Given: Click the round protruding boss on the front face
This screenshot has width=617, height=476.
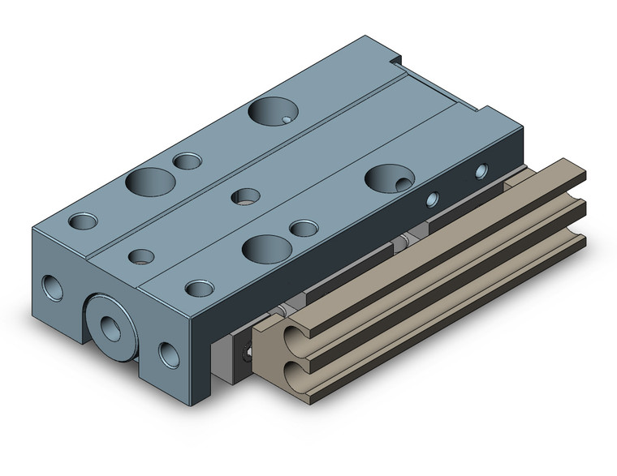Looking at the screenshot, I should tap(111, 324).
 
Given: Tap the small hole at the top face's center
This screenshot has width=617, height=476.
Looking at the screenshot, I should tap(245, 195).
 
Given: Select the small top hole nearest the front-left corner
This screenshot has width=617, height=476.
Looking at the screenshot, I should tap(83, 221).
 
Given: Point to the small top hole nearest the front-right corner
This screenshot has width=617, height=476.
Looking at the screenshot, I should tap(199, 288).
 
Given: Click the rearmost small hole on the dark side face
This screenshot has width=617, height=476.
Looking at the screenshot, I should tap(481, 170).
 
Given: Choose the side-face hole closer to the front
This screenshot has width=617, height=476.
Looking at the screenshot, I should tap(433, 197).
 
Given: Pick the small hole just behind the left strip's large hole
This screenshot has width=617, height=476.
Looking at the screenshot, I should tap(188, 161).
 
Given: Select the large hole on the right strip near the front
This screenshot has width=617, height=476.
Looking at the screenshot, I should tap(265, 247).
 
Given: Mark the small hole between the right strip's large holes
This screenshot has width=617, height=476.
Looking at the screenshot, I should tap(303, 228).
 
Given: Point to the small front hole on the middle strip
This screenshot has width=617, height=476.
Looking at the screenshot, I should tap(142, 256).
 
